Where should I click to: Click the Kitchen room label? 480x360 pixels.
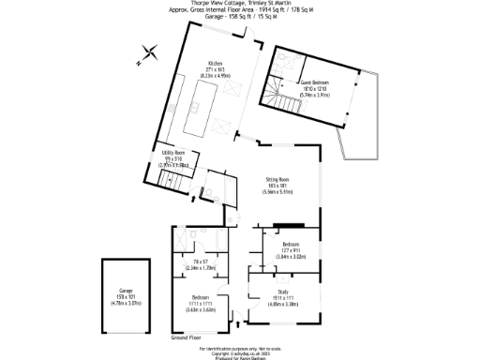coord(215,63)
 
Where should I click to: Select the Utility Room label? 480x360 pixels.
coord(172,152)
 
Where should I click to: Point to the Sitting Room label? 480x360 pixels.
coord(277,178)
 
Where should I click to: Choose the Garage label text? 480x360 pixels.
coord(125,291)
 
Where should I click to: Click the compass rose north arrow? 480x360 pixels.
coord(147,52)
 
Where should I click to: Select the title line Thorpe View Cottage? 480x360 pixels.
coord(240,5)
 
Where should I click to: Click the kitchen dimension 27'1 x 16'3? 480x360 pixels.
coord(215,69)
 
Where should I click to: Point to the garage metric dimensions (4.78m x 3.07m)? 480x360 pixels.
coord(125,303)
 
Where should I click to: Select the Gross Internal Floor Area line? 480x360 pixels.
coord(240,11)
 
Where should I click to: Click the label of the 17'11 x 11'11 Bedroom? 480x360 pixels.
coord(197,297)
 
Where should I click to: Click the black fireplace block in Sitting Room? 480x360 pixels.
coord(287,224)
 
